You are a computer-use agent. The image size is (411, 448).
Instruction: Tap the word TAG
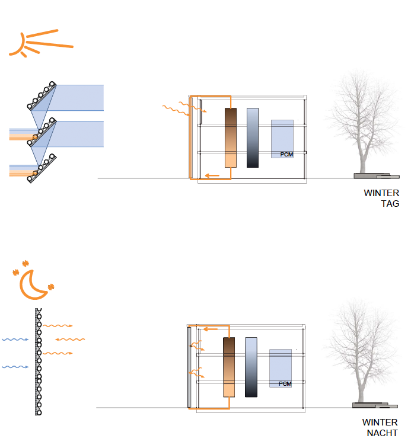[390, 203]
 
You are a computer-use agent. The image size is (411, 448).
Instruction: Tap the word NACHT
[382, 433]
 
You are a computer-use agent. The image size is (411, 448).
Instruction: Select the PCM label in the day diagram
[287, 155]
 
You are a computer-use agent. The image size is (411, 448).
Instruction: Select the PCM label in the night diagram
[285, 384]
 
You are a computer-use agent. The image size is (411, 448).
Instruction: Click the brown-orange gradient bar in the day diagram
[231, 137]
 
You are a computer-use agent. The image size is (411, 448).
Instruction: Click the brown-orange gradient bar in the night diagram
[229, 367]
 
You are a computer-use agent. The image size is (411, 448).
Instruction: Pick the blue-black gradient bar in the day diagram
[253, 137]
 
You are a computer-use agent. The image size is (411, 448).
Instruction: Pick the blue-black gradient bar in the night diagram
[251, 367]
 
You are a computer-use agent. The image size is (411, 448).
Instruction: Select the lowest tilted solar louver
[42, 168]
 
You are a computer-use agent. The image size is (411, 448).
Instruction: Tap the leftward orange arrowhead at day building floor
[207, 175]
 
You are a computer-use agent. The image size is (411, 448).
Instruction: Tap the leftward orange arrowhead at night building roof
[204, 328]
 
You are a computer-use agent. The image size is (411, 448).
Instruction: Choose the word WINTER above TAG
[381, 193]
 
